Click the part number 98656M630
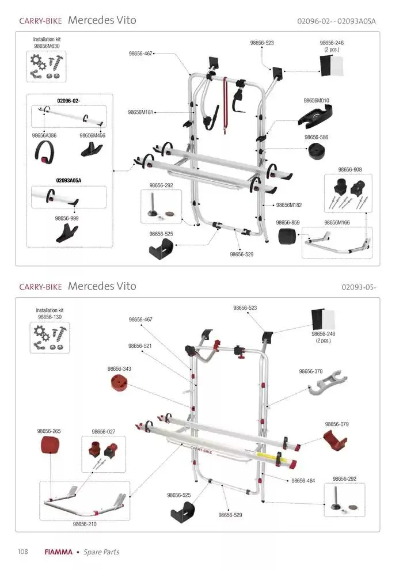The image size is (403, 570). [x=47, y=45]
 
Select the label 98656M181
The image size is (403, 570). [x=140, y=112]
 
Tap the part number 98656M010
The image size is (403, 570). [x=316, y=100]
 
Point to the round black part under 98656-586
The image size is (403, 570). [x=317, y=153]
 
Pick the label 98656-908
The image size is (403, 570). [x=349, y=170]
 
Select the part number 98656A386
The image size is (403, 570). [x=44, y=135]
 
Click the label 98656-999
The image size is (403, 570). [x=67, y=218]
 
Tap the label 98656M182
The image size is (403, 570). [x=289, y=205]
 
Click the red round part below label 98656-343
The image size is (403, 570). [x=119, y=382]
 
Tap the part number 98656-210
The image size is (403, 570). [x=85, y=524]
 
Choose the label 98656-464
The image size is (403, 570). [x=303, y=480]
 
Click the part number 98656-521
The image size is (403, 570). [x=140, y=345]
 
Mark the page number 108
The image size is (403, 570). [x=23, y=552]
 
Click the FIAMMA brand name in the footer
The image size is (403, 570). [x=58, y=552]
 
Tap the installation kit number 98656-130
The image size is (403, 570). [x=50, y=317]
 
